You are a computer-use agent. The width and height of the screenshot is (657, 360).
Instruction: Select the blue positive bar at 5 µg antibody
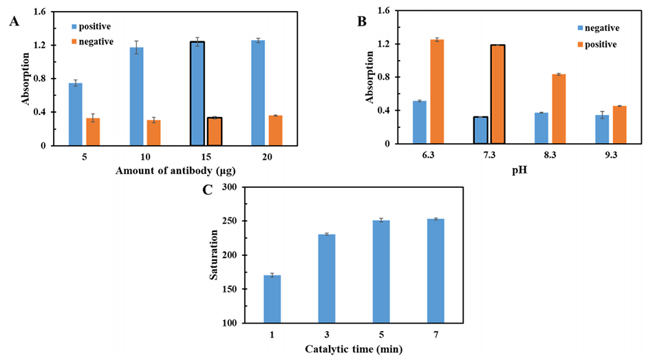coord(76,114)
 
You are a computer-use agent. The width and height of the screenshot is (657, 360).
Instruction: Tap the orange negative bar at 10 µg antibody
coord(153,132)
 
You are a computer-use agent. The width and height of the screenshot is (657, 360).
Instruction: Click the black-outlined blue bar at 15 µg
coord(197,94)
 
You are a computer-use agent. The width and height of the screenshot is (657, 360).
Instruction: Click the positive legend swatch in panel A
coord(75,26)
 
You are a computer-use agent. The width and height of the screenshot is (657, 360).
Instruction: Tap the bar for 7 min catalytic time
coord(435,271)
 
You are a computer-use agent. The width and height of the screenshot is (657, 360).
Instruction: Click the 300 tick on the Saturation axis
coord(228,187)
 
